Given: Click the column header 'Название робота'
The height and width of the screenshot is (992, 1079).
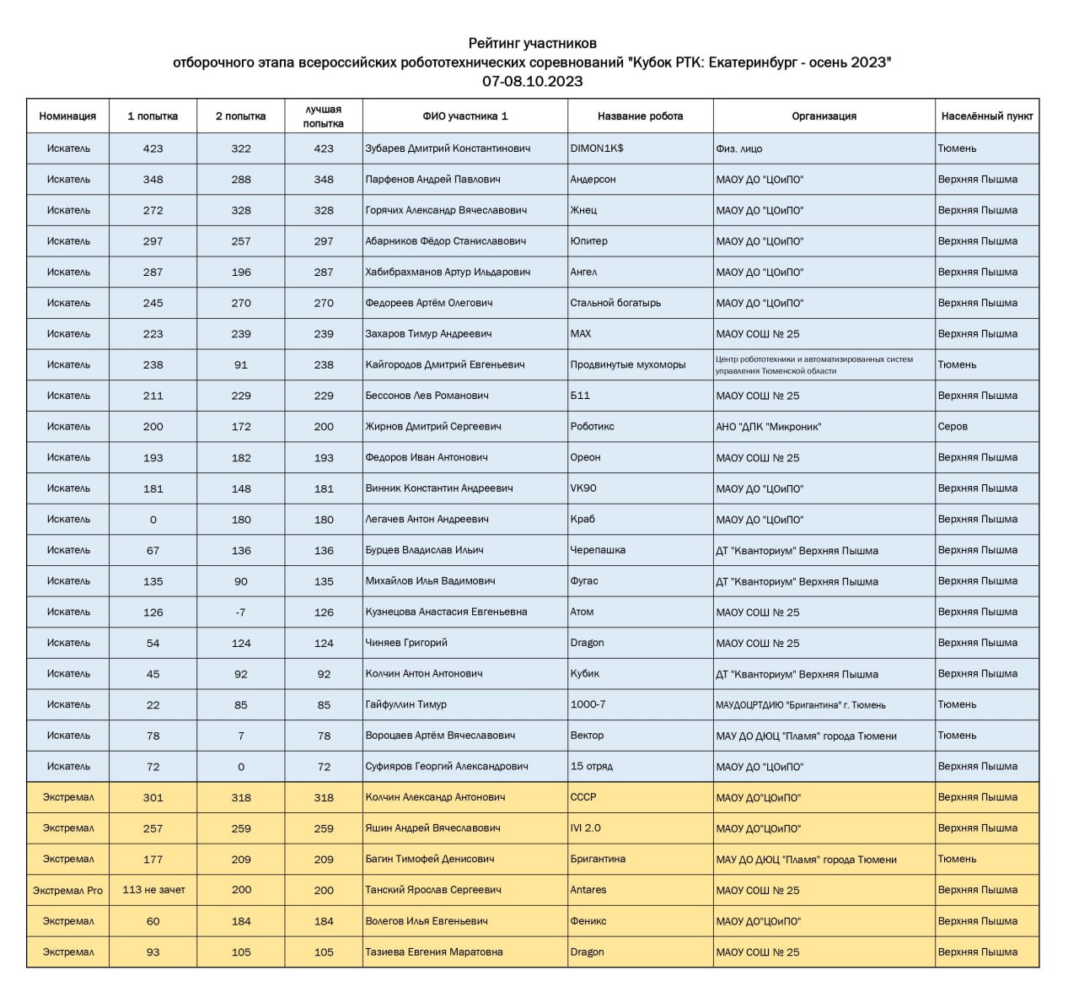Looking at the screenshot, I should pos(640,116).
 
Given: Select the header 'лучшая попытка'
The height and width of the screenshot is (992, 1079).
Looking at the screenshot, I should pos(324,116).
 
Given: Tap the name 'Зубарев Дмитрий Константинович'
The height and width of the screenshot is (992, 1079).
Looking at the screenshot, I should pos(448,148).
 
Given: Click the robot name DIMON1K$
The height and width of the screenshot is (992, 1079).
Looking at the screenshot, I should pos(597,148).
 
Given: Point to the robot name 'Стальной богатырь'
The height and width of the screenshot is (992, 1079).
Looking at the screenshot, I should pos(615,303).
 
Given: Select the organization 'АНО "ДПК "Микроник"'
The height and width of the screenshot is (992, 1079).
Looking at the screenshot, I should pos(768,427).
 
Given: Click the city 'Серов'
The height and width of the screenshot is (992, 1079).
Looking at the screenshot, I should pos(953,427).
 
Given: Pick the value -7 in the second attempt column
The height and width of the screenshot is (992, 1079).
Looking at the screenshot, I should pos(241,612).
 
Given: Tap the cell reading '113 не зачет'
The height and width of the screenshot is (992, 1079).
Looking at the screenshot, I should pos(153,890).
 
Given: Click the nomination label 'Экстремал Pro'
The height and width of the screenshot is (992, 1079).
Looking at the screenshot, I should pos(68,890).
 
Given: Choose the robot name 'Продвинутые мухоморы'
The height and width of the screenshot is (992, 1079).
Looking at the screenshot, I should pos(628,365).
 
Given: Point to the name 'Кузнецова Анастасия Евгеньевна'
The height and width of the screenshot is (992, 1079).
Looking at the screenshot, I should pos(446,612).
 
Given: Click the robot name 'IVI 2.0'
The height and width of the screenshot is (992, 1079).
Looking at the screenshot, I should pos(586,828).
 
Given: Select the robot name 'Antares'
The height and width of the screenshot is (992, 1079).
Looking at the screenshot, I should pos(588,890).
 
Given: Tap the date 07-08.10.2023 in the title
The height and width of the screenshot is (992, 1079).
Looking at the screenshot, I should pos(532,82).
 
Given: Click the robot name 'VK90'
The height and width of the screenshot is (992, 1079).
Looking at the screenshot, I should pos(583,488).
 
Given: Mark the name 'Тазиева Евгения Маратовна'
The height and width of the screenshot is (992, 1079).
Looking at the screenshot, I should pos(433,952).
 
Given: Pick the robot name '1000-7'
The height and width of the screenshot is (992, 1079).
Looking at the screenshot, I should pos(588,705).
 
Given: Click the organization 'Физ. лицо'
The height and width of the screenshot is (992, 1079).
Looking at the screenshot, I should pos(739,148).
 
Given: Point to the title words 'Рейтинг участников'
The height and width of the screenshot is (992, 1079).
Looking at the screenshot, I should pos(532,43).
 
